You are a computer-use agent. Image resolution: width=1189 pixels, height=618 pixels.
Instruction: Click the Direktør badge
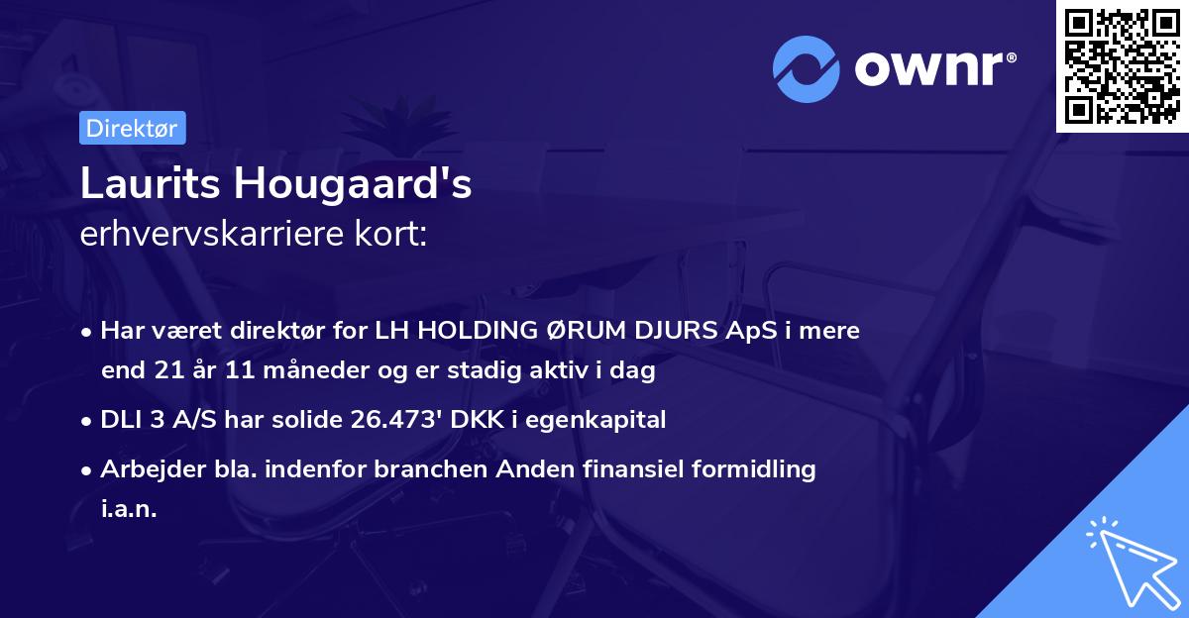[132, 128]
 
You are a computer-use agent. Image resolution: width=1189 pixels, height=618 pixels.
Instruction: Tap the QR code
[1122, 66]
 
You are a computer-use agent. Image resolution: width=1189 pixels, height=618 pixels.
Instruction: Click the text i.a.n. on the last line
[129, 509]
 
